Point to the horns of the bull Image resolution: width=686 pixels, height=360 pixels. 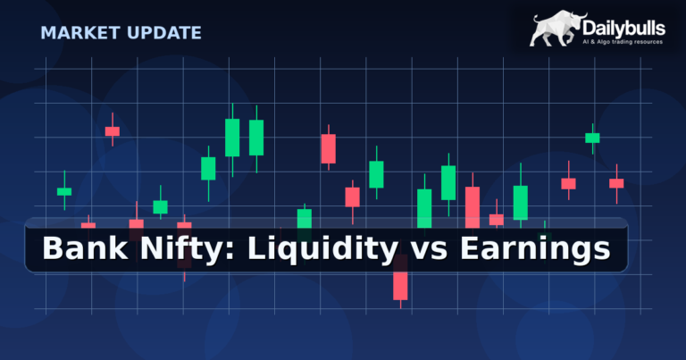(576, 16)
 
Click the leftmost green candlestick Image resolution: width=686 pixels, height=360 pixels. (64, 191)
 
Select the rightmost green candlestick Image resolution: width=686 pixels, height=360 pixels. (592, 138)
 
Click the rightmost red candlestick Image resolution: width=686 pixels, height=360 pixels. (616, 183)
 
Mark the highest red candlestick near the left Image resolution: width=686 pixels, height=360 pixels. (113, 131)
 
